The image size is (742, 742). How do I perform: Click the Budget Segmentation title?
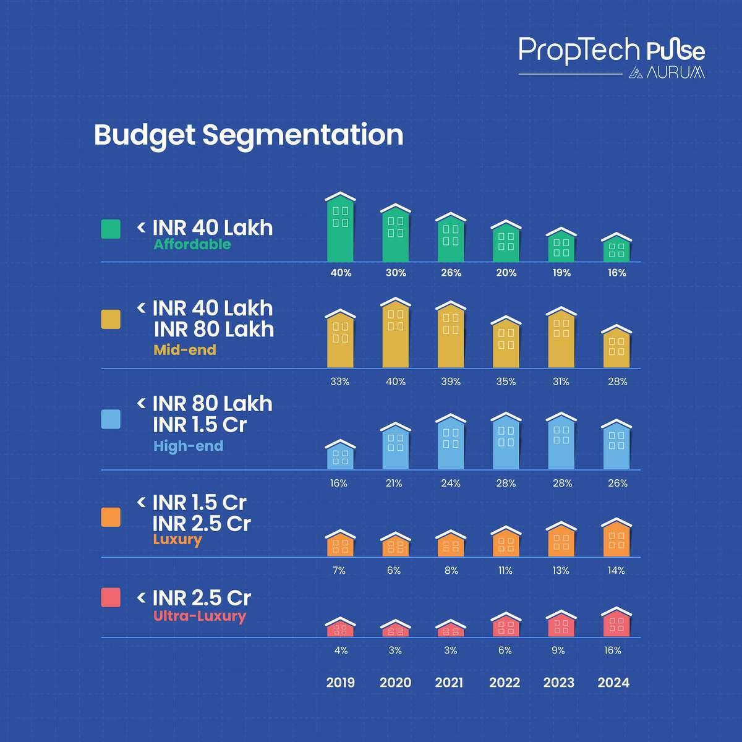(x=248, y=135)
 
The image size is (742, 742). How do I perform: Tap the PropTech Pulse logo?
(x=611, y=57)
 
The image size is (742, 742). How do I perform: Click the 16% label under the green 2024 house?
(x=616, y=273)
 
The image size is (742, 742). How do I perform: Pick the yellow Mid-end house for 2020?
(x=396, y=333)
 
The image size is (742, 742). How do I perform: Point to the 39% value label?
(x=451, y=382)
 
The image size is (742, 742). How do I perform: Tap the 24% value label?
(x=451, y=483)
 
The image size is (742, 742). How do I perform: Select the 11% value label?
(x=505, y=570)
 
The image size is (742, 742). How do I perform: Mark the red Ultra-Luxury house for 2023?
(x=561, y=624)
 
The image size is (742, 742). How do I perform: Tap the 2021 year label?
(x=449, y=683)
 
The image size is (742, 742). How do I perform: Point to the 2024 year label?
(x=613, y=683)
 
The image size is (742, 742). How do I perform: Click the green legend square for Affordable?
(x=111, y=229)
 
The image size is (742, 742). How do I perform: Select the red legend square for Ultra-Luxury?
(x=111, y=597)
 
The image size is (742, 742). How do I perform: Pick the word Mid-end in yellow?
(x=185, y=350)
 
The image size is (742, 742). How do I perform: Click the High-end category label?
(x=188, y=446)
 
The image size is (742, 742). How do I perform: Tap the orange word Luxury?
(x=177, y=540)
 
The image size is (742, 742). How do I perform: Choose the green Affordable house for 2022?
(x=506, y=242)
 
